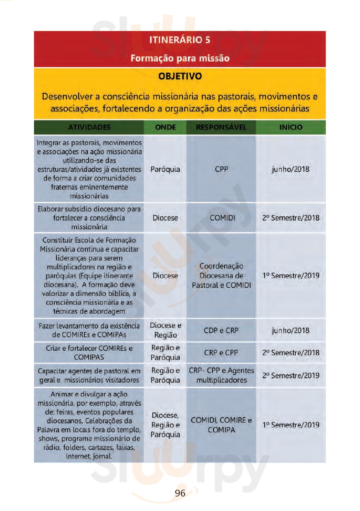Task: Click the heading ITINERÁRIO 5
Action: (x=180, y=40)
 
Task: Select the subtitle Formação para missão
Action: (x=180, y=58)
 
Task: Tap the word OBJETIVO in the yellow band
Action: (x=180, y=76)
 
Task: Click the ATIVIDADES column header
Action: (x=89, y=127)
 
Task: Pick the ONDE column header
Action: (x=165, y=127)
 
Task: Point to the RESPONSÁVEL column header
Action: (x=221, y=127)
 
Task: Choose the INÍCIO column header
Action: (x=290, y=127)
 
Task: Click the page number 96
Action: (x=180, y=493)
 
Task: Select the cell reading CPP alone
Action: (x=221, y=169)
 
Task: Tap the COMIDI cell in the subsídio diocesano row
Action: (x=222, y=218)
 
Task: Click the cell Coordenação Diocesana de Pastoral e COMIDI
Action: (x=221, y=276)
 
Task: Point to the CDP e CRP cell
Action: (x=221, y=330)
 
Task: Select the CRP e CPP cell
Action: (x=221, y=353)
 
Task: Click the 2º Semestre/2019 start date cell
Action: (x=290, y=375)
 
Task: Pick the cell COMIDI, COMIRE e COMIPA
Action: (x=221, y=425)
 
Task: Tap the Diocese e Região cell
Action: (x=165, y=330)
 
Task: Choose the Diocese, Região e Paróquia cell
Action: (x=165, y=425)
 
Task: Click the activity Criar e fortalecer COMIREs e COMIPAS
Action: (x=89, y=353)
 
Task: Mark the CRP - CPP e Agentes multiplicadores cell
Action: (x=221, y=375)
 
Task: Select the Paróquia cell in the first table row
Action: (x=165, y=169)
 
